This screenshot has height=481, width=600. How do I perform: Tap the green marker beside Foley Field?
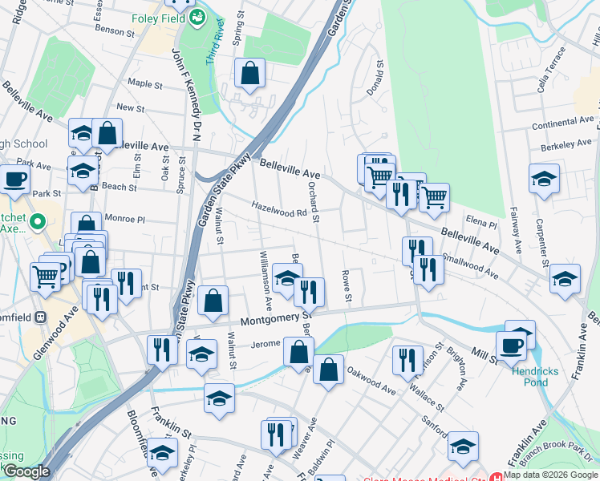pyautogui.click(x=197, y=17)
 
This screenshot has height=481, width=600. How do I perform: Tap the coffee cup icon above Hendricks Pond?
pyautogui.click(x=510, y=346)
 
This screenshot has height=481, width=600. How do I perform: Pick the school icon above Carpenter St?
pyautogui.click(x=544, y=179)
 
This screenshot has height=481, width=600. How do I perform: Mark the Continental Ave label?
pyautogui.click(x=562, y=122)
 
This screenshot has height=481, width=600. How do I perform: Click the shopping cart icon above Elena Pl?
pyautogui.click(x=434, y=196)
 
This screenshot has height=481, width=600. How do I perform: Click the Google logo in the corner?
pyautogui.click(x=26, y=472)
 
